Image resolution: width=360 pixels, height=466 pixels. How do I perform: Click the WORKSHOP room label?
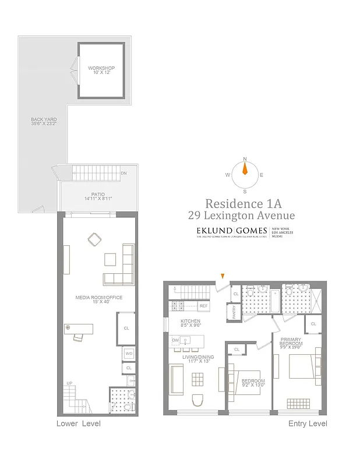click(x=101, y=68)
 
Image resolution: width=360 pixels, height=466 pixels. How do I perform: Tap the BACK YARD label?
click(x=44, y=120)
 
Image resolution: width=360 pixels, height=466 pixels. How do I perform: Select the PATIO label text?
click(x=97, y=195)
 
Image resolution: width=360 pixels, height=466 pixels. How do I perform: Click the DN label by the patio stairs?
click(x=123, y=174)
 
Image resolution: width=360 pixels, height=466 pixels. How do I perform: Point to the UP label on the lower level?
click(x=70, y=383)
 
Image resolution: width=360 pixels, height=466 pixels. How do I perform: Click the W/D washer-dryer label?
click(x=129, y=354)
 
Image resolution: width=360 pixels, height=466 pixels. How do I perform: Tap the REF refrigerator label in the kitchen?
click(x=203, y=306)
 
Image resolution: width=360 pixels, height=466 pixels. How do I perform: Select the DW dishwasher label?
click(x=175, y=340)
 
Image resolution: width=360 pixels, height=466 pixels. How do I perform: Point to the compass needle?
click(x=245, y=170)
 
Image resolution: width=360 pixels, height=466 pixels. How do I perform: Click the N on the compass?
click(x=245, y=159)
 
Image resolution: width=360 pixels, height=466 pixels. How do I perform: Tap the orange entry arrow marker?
click(x=222, y=277)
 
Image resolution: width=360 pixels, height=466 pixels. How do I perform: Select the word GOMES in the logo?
click(x=252, y=230)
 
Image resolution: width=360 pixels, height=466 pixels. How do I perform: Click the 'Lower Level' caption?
click(x=78, y=423)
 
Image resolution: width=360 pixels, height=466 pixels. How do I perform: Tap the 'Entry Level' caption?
click(x=308, y=423)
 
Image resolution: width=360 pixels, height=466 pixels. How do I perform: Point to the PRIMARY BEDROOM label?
click(x=291, y=341)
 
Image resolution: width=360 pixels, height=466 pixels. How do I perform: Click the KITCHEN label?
click(x=190, y=322)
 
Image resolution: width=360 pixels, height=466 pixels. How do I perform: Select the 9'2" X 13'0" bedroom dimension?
click(x=253, y=385)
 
